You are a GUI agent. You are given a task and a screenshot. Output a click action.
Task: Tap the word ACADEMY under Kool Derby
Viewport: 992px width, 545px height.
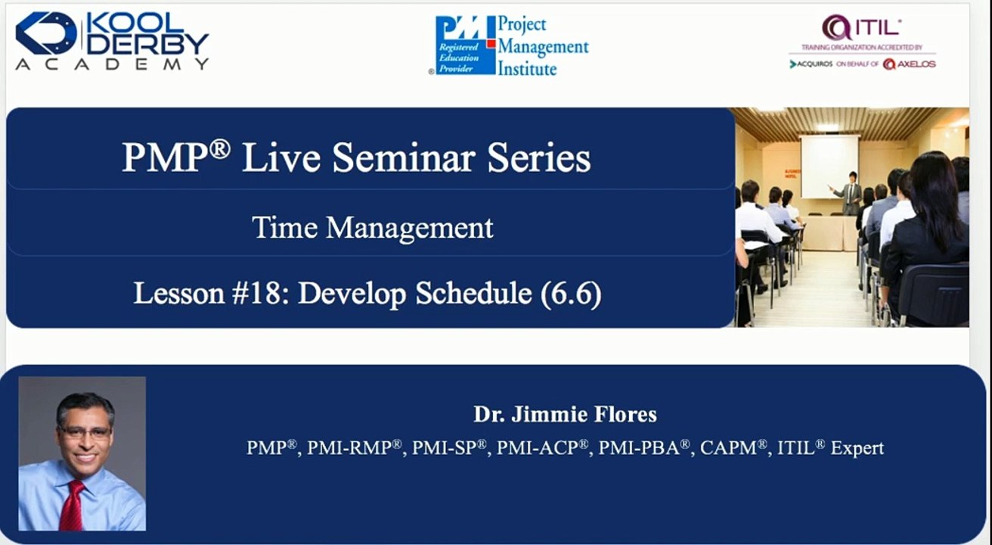[x=112, y=64]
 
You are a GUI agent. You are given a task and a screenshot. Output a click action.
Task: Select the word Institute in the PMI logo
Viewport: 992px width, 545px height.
[x=527, y=69]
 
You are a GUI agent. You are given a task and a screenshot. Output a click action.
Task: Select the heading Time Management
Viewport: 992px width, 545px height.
[x=372, y=227]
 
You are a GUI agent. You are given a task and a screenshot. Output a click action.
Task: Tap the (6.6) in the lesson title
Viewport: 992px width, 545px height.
[x=571, y=294]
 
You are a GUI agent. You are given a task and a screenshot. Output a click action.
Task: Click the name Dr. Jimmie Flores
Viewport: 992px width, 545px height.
[x=565, y=414]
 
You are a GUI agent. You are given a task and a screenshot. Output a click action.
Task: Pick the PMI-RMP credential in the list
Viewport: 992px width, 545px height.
[x=354, y=447]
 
